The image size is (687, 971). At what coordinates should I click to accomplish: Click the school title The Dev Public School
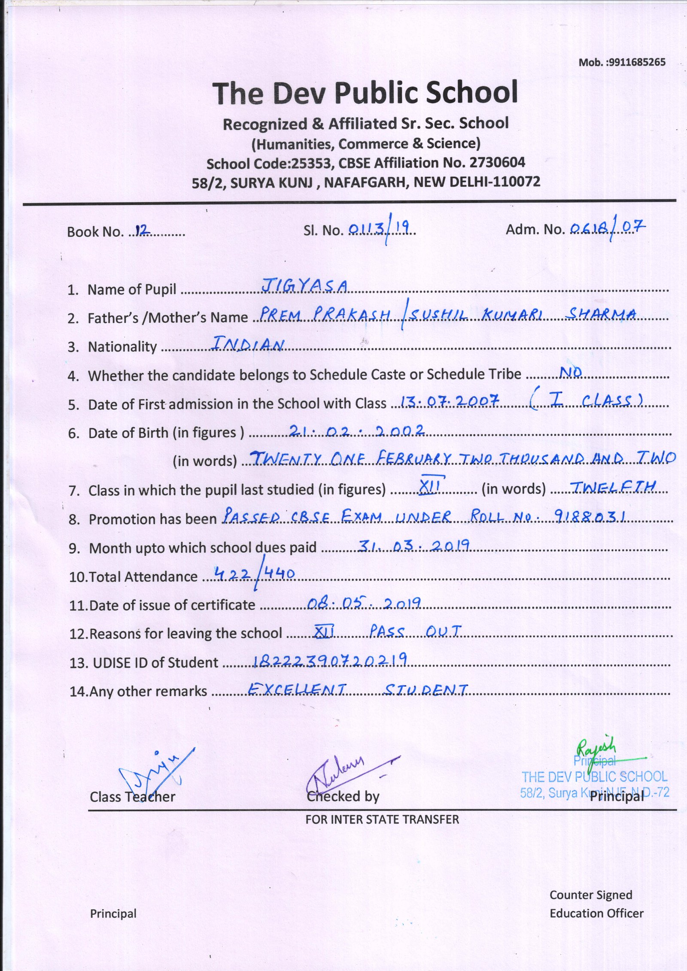coord(365,92)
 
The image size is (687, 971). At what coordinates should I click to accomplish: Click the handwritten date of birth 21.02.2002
coord(356,430)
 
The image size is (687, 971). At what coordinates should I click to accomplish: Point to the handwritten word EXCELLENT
coord(297,689)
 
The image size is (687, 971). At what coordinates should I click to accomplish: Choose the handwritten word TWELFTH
coord(611,486)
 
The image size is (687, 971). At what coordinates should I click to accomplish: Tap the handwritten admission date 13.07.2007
coord(449,401)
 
